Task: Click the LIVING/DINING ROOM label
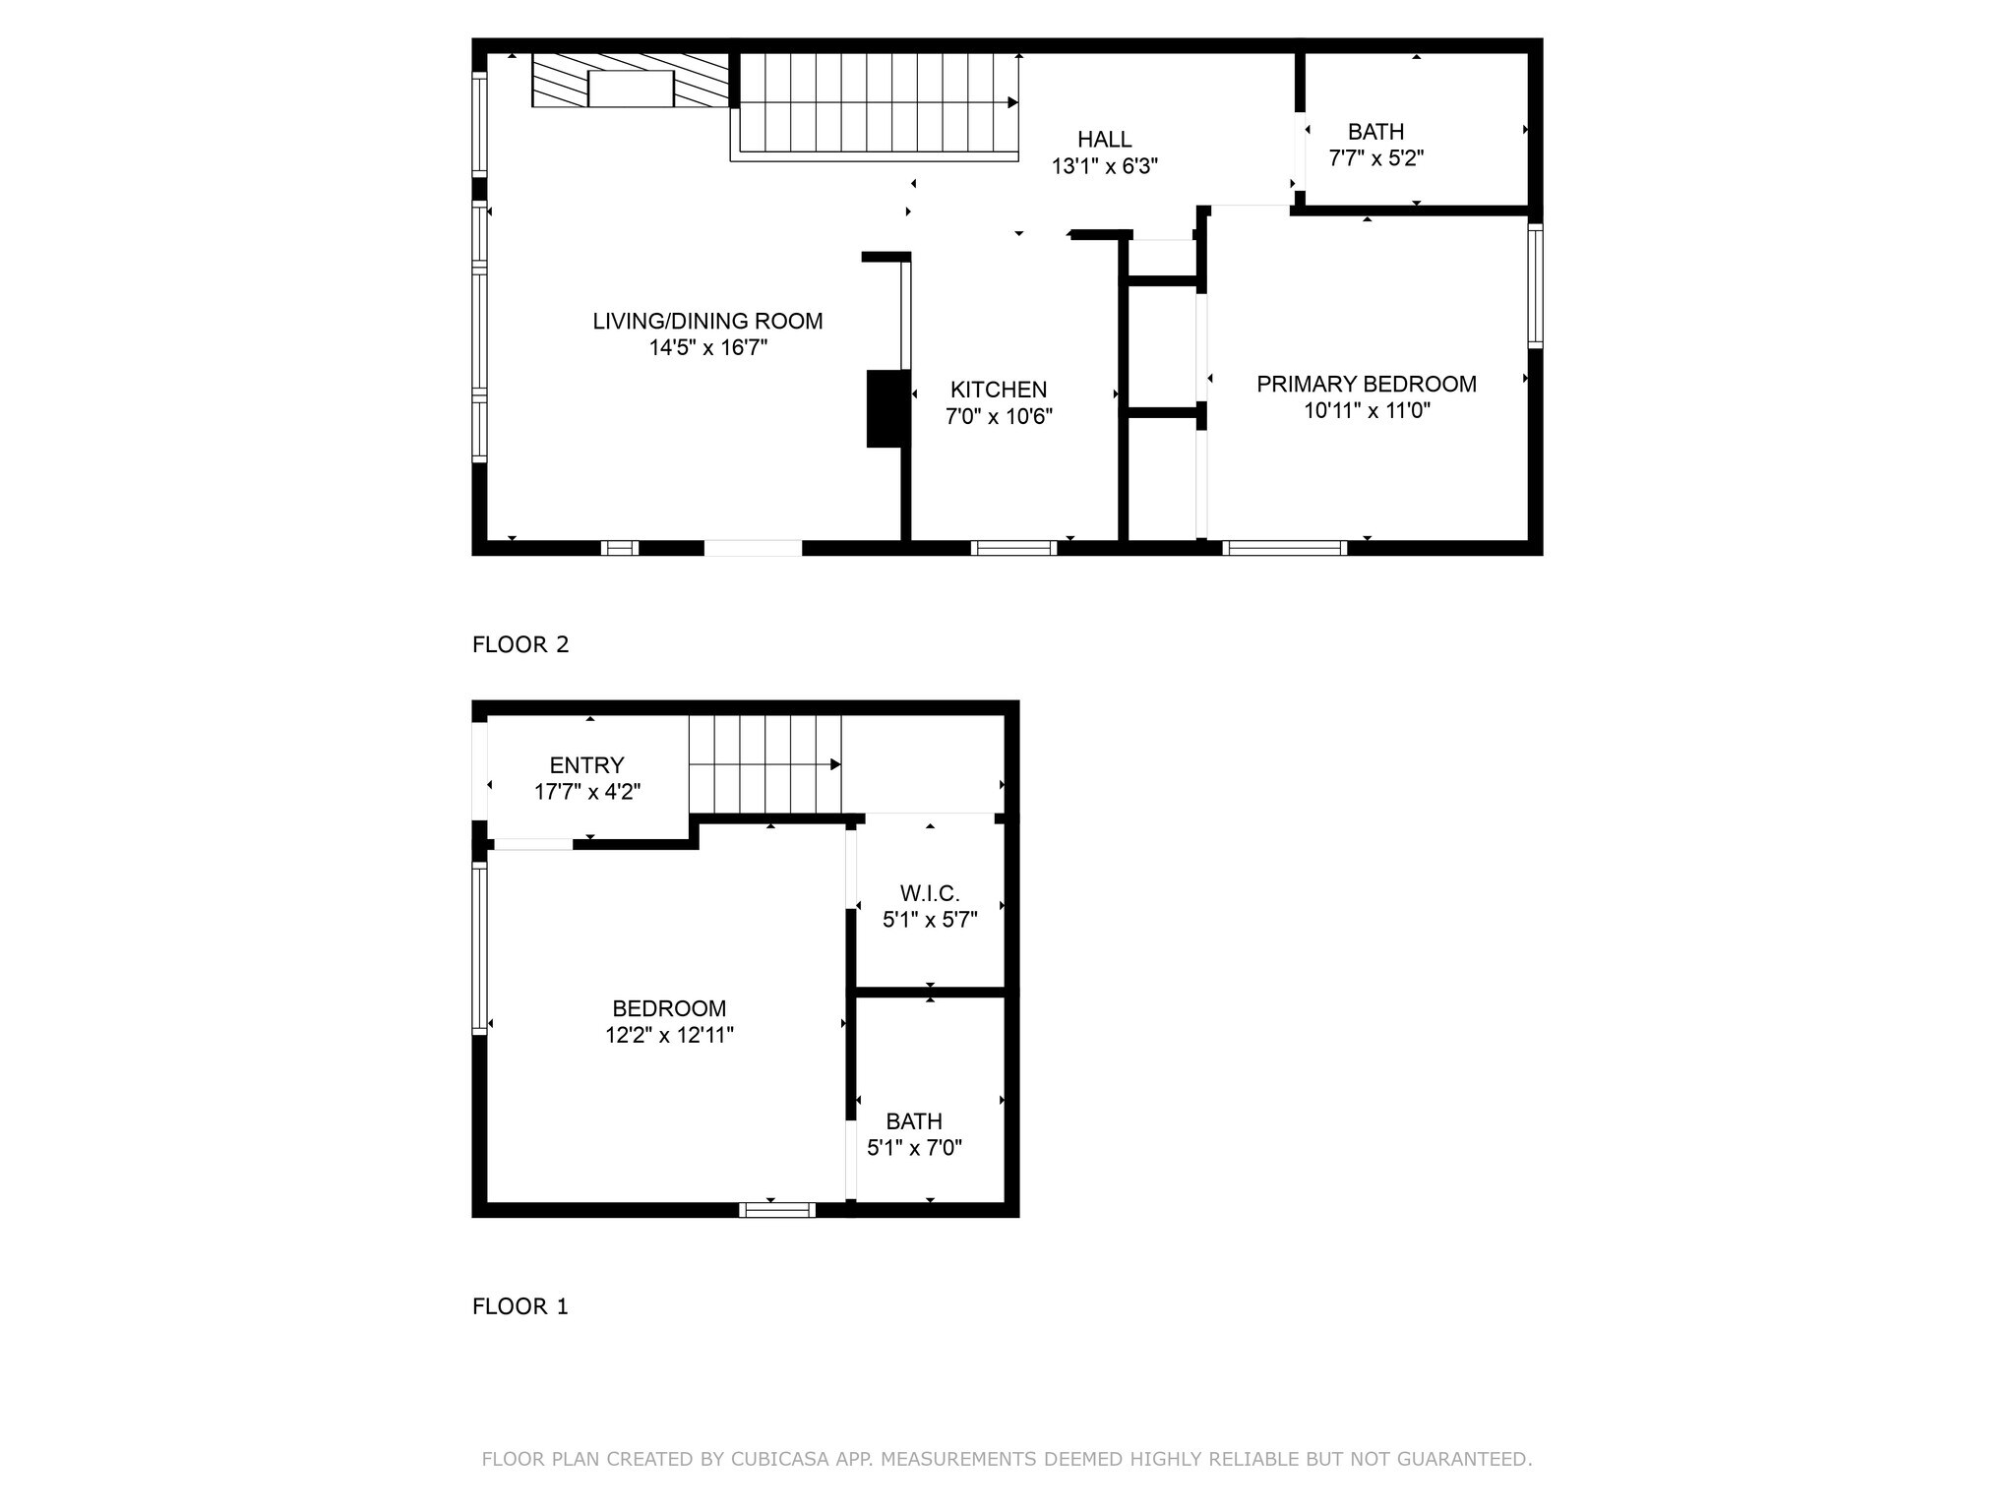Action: coord(707,321)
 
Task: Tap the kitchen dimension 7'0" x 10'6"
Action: coord(999,416)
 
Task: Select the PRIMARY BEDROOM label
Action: coord(1366,384)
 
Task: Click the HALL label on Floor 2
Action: coord(1104,140)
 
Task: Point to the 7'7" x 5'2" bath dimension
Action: coord(1375,157)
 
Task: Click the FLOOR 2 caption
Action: coord(520,644)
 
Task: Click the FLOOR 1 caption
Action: coord(520,1305)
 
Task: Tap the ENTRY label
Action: coord(586,765)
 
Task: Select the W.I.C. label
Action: coord(930,893)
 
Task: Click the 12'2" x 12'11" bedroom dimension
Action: coord(669,1035)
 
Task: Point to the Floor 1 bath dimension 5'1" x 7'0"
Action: coord(914,1147)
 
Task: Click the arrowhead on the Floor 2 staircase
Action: coord(1012,102)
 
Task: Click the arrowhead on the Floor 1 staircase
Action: coord(835,764)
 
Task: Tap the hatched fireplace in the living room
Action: coord(630,81)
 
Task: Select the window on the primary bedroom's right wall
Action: coord(1535,285)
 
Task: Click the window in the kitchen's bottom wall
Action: coord(1013,548)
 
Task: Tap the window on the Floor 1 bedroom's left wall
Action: coord(479,948)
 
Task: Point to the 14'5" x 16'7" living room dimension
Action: coord(707,347)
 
